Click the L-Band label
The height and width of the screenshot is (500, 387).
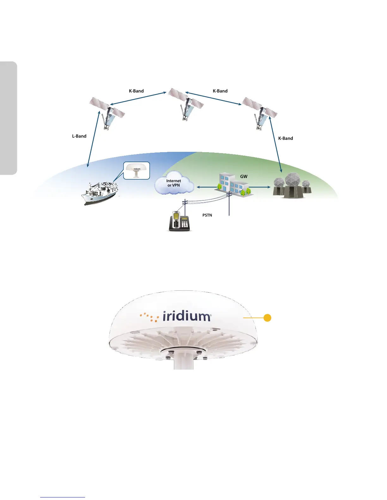79,136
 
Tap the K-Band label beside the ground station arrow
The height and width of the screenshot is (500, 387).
286,138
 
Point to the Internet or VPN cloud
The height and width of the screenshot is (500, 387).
174,183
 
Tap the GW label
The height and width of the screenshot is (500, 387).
244,176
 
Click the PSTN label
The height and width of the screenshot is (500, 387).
207,215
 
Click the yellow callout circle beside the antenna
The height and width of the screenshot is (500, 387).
267,318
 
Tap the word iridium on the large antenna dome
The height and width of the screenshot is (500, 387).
187,316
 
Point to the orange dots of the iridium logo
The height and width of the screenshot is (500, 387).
150,317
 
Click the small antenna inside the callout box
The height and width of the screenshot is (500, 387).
136,171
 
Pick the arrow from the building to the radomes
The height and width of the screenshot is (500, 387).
260,187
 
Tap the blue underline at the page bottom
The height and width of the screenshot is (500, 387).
63,497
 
